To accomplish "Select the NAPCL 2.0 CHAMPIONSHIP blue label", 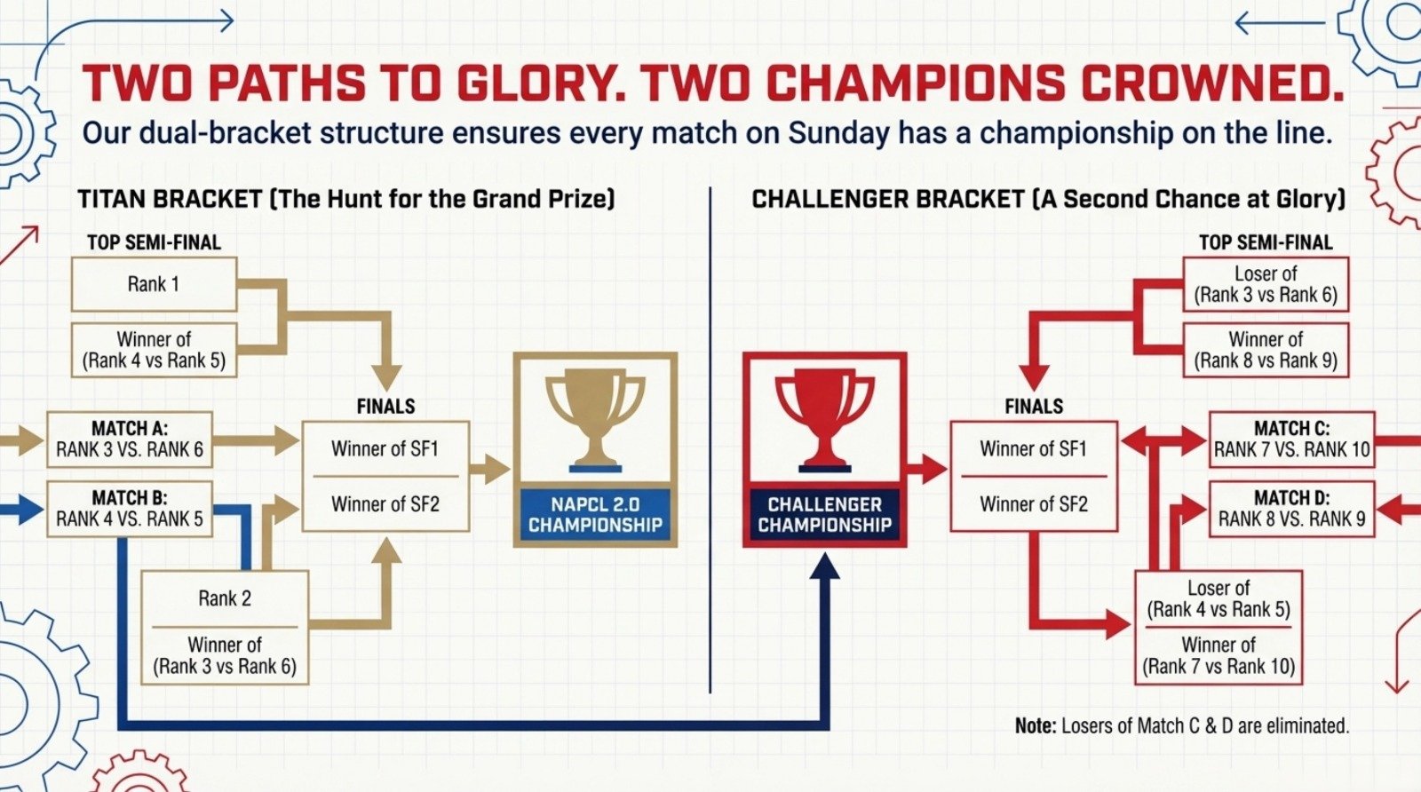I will (x=595, y=515).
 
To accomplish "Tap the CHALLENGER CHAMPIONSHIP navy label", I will (x=824, y=515).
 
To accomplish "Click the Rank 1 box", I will (x=154, y=284).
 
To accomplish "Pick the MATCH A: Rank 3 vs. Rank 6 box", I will (x=130, y=440).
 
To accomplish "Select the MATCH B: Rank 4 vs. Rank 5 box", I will (x=130, y=509).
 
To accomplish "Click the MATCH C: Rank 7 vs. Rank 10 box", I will (x=1291, y=440).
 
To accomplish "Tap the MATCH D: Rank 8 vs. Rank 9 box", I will (x=1291, y=509).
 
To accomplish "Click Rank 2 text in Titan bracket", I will (x=225, y=598).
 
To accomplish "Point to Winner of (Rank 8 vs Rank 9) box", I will (x=1266, y=350).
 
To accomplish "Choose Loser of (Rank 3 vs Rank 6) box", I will (x=1266, y=284).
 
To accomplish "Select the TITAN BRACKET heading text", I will (x=170, y=198).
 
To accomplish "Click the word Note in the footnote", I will (x=1035, y=726).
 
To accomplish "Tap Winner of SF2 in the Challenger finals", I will (x=1033, y=504).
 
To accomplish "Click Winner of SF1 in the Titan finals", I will (x=385, y=449).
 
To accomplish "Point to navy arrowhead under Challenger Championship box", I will (x=826, y=568).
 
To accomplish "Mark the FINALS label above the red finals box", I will (x=1034, y=407).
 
